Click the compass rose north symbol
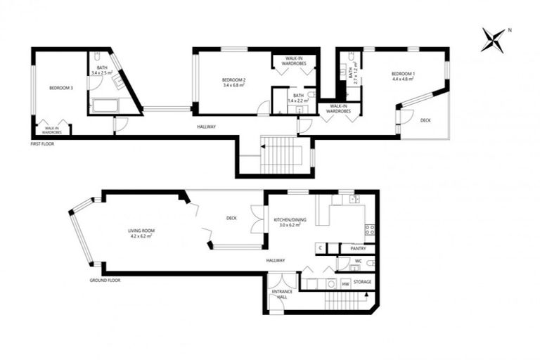point(494,39)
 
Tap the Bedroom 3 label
point(61,88)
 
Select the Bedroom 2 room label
point(233,79)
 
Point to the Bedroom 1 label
point(403,74)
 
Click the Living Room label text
point(141,231)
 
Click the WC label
point(358,262)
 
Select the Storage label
point(363,283)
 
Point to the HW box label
point(345,284)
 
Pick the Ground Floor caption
point(105,280)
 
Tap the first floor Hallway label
point(206,127)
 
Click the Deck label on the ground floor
point(231,218)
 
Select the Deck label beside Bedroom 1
point(425,120)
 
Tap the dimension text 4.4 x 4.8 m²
point(403,79)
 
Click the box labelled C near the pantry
point(320,248)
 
